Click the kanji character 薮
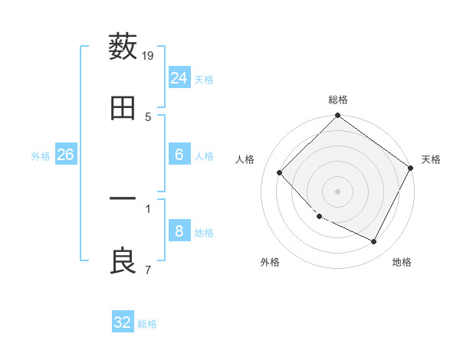click(123, 47)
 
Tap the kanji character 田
click(123, 108)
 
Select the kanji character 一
click(123, 200)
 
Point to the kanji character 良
click(123, 261)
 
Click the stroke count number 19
click(149, 55)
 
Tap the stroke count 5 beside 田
click(148, 116)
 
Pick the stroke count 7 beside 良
click(148, 270)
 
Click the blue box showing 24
click(179, 78)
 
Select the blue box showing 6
click(179, 155)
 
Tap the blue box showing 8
click(179, 231)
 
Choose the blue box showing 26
click(66, 155)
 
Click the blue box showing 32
click(123, 322)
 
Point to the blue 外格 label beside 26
click(41, 156)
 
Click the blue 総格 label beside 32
click(147, 324)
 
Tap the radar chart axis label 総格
click(338, 100)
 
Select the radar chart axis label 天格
click(431, 159)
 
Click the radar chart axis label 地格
click(402, 262)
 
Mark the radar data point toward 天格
click(411, 168)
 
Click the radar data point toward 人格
click(280, 172)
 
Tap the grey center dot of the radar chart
click(338, 191)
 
